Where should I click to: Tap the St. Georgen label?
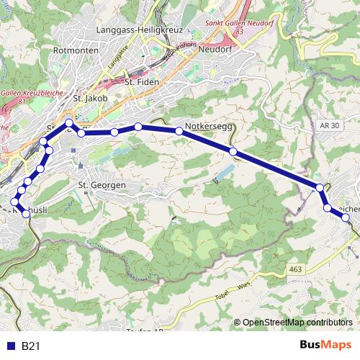102,185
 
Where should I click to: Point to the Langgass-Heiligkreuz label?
140,31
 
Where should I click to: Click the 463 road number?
295,269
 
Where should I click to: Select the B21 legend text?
30,346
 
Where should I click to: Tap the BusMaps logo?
325,346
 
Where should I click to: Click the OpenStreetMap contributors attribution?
297,323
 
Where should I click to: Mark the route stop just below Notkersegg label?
179,131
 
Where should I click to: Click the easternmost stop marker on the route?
346,217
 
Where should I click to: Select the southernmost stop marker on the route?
27,214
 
